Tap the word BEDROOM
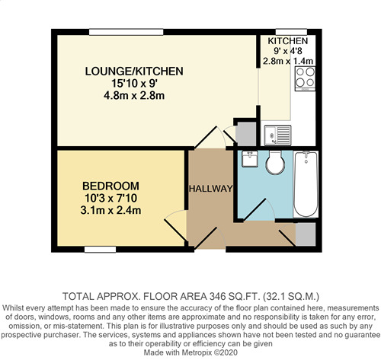pos(111,186)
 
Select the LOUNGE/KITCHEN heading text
pos(134,71)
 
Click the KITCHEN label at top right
pos(287,40)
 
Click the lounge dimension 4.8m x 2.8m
pos(134,96)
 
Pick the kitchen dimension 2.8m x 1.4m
pos(287,61)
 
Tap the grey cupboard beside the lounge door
pos(246,133)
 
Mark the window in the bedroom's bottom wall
pos(100,249)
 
